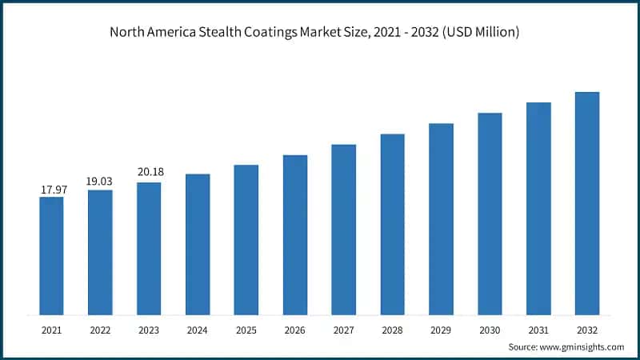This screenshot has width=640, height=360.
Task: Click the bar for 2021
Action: tap(51, 255)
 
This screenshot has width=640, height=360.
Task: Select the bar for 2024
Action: tap(198, 244)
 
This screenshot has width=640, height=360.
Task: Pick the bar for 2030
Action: tap(490, 214)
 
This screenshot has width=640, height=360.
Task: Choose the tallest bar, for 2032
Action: tap(587, 203)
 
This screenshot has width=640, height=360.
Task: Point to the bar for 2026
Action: tap(295, 234)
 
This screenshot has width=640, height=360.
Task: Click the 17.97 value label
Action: tap(52, 190)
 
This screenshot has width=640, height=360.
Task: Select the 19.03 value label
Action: tap(100, 182)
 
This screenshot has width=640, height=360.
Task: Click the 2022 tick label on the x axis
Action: tap(100, 328)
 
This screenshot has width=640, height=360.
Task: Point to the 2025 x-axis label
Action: tap(246, 328)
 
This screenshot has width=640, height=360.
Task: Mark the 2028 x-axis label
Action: tap(392, 328)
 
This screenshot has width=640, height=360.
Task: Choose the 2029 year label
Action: tap(441, 328)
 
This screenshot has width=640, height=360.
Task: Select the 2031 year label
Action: tap(538, 328)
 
